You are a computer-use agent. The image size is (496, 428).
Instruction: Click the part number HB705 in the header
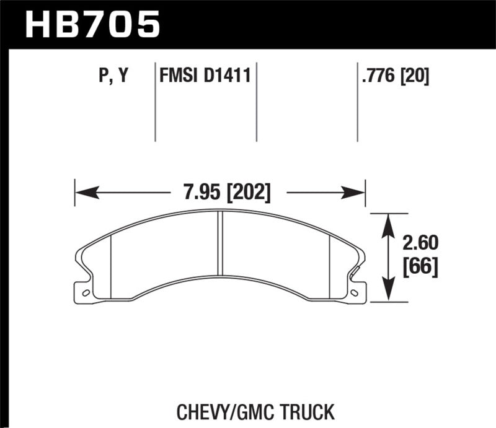[x=92, y=25]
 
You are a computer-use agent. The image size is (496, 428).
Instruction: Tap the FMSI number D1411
[x=226, y=77]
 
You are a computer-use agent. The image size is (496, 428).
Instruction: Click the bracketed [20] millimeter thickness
[x=416, y=77]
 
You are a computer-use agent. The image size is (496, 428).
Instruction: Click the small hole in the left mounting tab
[x=86, y=292]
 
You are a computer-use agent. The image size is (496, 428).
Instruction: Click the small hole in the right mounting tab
[x=355, y=292]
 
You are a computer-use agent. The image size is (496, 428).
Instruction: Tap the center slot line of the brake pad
[x=219, y=242]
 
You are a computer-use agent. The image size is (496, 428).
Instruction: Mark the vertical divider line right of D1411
[x=257, y=102]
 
